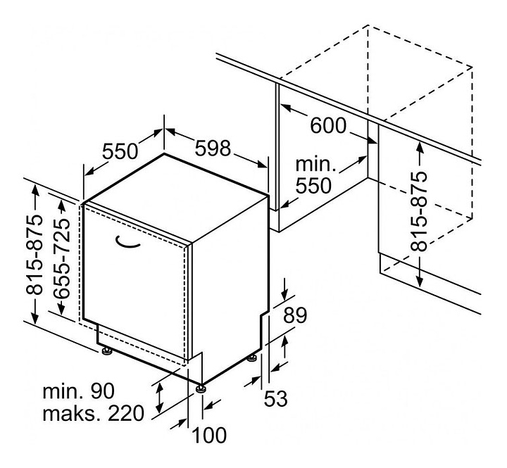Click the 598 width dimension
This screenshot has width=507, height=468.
point(213,148)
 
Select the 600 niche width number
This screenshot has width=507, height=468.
point(328,125)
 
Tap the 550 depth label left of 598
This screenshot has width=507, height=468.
point(120,151)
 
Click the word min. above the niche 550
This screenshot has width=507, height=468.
point(315,164)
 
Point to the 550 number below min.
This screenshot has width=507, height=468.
point(313,185)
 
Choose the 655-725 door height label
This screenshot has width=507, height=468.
point(62,258)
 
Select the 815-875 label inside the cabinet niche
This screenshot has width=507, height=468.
point(419,211)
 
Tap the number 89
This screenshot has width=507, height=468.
point(295,315)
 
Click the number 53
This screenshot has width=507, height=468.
point(276,398)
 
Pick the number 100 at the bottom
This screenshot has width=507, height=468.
point(209,435)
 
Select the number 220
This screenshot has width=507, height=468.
point(125,413)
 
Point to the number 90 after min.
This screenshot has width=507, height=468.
point(103,391)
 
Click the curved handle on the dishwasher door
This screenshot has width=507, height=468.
point(127,242)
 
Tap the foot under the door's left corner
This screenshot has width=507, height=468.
point(107,351)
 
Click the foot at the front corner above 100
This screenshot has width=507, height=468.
point(201,388)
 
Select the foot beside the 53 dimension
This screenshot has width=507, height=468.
point(252,358)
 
